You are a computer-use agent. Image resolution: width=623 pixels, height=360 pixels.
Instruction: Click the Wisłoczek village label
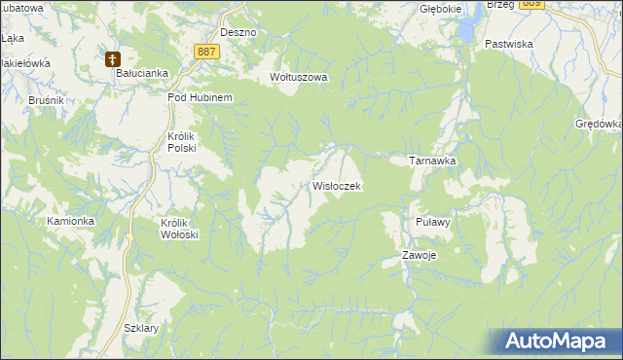(337, 185)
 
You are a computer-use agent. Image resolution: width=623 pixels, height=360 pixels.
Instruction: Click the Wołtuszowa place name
(299, 77)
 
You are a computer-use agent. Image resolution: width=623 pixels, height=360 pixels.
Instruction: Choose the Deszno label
(238, 32)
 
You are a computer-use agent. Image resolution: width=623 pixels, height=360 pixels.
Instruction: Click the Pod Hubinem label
(199, 97)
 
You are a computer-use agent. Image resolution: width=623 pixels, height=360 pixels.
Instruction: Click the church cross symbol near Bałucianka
(113, 59)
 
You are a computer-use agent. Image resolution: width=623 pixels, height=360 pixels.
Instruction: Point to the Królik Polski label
(182, 142)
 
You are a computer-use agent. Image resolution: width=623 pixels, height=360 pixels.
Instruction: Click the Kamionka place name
(70, 221)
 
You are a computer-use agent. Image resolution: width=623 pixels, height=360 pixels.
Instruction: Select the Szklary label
(141, 328)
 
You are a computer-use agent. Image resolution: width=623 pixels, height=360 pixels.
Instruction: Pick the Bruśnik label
(18, 100)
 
